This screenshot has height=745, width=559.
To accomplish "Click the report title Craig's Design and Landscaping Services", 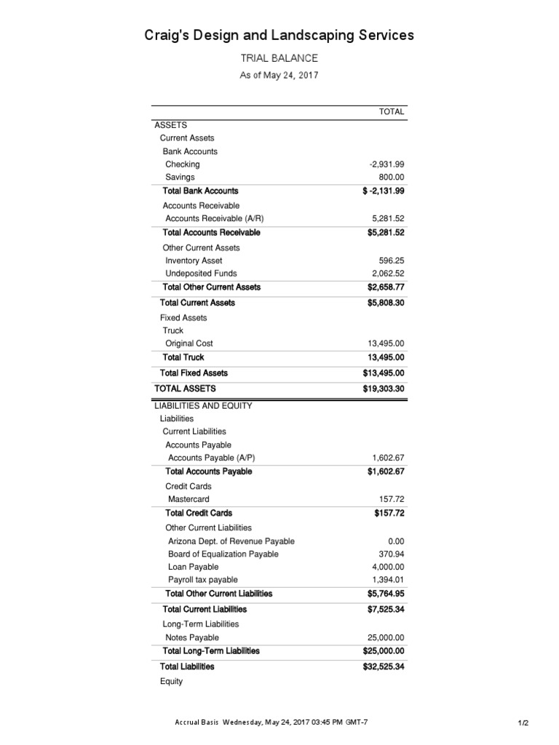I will click(279, 35).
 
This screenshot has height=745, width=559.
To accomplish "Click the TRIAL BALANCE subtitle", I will click(279, 58).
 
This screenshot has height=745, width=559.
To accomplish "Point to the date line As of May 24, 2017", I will click(279, 75).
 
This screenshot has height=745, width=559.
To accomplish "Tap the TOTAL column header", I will click(392, 111).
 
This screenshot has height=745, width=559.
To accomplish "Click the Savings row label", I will click(180, 178).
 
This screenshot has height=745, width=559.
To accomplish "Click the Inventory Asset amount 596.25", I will click(392, 260).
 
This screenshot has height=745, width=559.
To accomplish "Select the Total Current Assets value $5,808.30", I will click(386, 303).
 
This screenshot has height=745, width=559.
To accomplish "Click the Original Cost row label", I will click(189, 343).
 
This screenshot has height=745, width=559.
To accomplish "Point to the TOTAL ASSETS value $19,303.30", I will click(384, 389).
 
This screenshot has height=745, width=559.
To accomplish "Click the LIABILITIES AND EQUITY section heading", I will click(203, 406).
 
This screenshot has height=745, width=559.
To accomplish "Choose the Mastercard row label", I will click(189, 500).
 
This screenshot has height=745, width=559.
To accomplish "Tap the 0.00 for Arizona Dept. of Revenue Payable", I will click(396, 541).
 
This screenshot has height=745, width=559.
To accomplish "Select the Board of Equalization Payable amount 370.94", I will click(392, 554).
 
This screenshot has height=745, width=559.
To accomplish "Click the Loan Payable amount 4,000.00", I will click(388, 567).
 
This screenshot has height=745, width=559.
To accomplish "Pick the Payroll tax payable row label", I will click(203, 581).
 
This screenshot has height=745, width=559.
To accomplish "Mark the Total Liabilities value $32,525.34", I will click(384, 666).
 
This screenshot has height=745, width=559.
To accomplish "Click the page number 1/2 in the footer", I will click(523, 723).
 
